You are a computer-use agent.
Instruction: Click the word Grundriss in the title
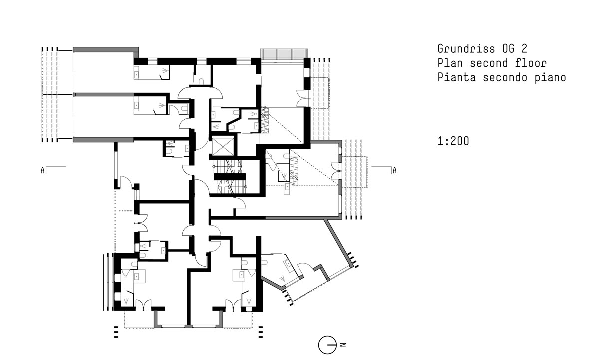[466, 49]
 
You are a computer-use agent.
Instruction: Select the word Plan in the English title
[450, 63]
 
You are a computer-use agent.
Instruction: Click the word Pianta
[456, 77]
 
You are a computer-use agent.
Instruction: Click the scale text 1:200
[453, 141]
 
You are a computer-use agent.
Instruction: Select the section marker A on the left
[43, 170]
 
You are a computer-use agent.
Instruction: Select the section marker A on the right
[394, 170]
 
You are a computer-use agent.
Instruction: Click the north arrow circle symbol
[327, 345]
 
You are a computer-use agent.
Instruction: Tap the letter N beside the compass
[343, 345]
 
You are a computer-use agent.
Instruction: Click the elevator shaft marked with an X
[223, 146]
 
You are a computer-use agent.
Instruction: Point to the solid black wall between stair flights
[230, 177]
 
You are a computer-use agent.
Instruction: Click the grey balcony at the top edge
[284, 54]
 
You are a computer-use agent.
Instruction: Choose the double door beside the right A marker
[336, 171]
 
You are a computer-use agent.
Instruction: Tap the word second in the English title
[489, 63]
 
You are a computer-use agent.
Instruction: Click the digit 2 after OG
[524, 48]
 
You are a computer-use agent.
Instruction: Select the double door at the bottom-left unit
[144, 305]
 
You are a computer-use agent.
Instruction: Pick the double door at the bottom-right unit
[233, 305]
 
